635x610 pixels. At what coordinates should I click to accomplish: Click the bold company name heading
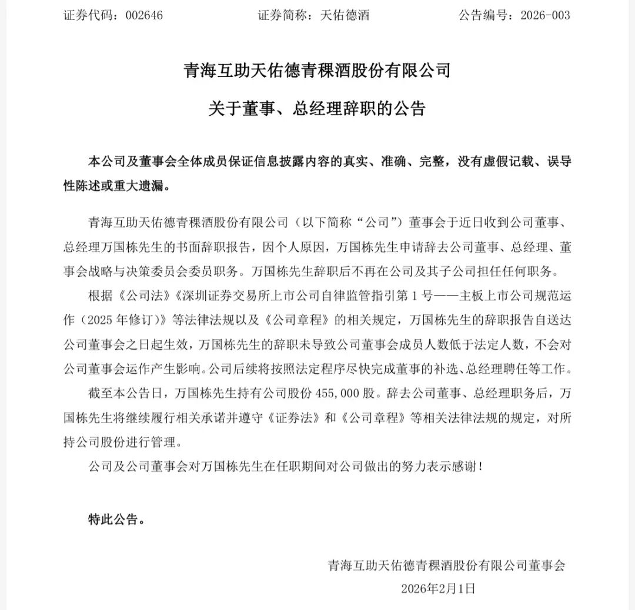[317, 72]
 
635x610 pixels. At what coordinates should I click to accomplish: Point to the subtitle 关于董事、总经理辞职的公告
[317, 109]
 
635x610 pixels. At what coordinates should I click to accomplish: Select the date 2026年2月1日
[437, 588]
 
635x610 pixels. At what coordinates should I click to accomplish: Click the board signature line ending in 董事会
[446, 566]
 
